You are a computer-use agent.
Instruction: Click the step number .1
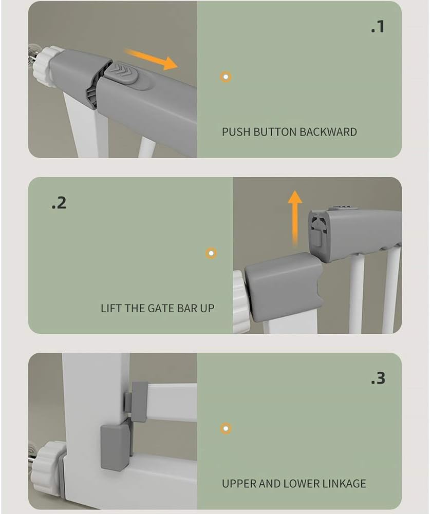pyautogui.click(x=378, y=27)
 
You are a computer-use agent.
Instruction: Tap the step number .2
pyautogui.click(x=59, y=203)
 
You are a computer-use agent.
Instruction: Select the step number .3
pyautogui.click(x=378, y=378)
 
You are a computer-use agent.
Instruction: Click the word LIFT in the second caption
pyautogui.click(x=110, y=309)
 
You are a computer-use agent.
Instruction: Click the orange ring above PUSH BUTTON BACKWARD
pyautogui.click(x=226, y=77)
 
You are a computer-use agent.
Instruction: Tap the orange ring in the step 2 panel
pyautogui.click(x=211, y=253)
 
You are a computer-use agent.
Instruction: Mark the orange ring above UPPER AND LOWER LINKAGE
pyautogui.click(x=226, y=428)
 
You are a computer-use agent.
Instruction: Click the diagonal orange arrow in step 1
pyautogui.click(x=152, y=59)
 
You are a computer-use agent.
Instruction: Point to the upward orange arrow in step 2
pyautogui.click(x=295, y=216)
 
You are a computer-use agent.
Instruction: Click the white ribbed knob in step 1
pyautogui.click(x=45, y=66)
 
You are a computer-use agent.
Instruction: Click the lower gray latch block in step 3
pyautogui.click(x=115, y=446)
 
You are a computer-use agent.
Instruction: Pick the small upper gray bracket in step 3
pyautogui.click(x=136, y=400)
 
